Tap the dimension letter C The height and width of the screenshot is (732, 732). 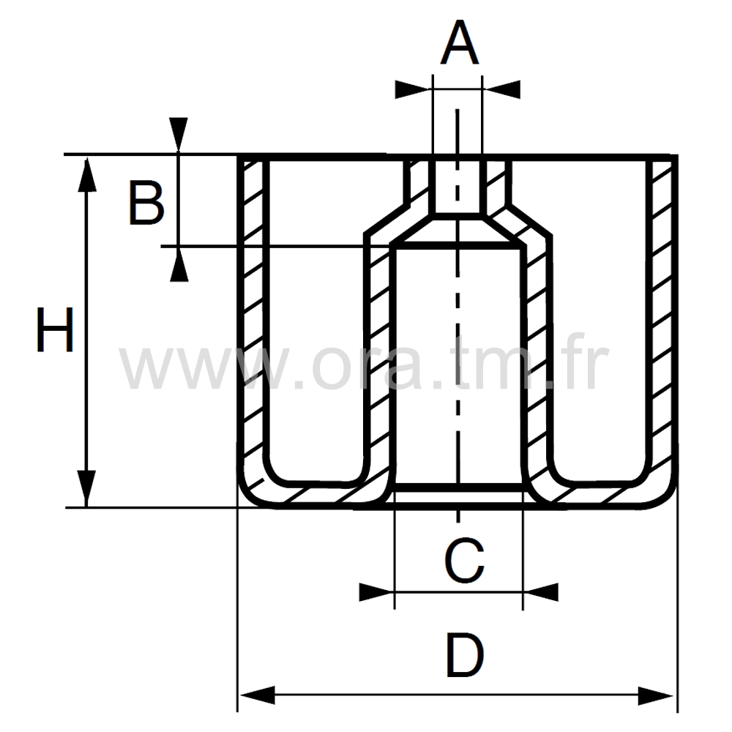[465, 562]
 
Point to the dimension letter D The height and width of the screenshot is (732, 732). [465, 656]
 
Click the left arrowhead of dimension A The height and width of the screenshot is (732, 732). [412, 89]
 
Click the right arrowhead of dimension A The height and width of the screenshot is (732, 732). [503, 89]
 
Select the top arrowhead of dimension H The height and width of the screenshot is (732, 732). [87, 173]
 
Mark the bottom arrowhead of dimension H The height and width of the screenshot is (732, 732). [87, 489]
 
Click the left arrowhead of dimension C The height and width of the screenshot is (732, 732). [376, 591]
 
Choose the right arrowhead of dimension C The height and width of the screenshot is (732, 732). [541, 591]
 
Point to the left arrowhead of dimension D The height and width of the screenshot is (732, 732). [257, 695]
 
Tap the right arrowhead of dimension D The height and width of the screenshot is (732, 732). [656, 695]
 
